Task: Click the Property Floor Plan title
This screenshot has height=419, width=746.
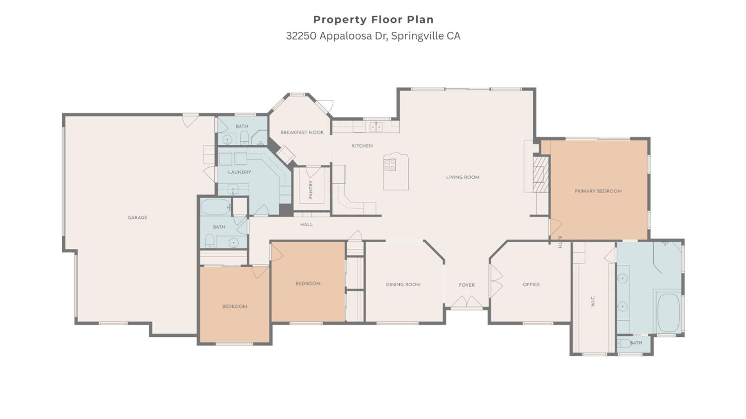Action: coord(373,19)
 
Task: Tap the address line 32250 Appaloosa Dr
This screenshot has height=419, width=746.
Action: coord(373,36)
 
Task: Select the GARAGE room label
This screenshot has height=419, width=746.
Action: coord(137,217)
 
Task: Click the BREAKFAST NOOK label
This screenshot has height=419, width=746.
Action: coord(302,132)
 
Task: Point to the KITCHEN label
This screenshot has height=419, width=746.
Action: coord(362,146)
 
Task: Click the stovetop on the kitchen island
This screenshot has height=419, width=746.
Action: coord(390,165)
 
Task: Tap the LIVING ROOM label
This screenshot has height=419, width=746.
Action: coord(463,177)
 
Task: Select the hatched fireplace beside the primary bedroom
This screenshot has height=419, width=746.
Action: coord(541,174)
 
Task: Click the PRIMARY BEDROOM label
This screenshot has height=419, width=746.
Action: coord(598,191)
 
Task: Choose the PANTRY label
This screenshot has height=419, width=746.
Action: coord(311,190)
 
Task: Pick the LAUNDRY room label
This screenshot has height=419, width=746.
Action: coord(239,172)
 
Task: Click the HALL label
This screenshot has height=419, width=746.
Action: coord(306,224)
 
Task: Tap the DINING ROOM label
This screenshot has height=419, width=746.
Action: coord(403,285)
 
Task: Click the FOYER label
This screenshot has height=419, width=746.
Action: coord(466,285)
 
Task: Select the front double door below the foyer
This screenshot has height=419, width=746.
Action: coord(466,303)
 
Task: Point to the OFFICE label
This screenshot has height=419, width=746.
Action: coord(531,285)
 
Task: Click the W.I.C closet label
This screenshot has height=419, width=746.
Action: coord(593,301)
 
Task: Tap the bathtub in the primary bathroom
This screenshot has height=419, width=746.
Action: coord(668,313)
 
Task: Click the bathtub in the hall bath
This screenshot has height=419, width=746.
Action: coord(215,207)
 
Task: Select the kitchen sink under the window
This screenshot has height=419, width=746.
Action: coord(376,127)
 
